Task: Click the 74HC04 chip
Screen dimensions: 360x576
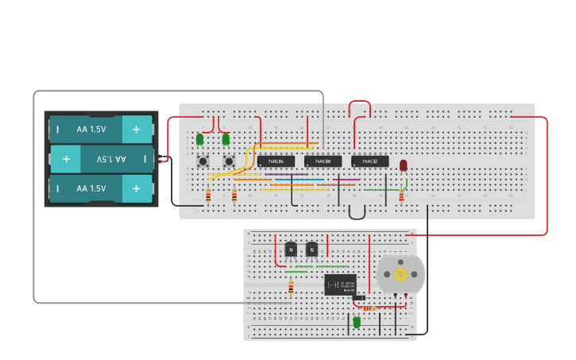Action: coord(270,161)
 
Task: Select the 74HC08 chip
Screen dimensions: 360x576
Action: coord(323,161)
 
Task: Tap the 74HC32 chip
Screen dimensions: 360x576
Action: coord(369,161)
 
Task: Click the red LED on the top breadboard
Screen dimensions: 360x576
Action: coord(404,165)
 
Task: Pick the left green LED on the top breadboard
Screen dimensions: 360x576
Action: coord(200,140)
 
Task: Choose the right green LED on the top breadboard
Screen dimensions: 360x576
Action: coord(226,140)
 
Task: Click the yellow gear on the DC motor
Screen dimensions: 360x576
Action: coord(400,274)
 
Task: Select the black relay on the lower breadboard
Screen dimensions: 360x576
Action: coord(340,284)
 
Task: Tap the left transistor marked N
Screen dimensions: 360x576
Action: coord(291,250)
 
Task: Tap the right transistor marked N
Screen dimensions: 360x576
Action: coord(312,250)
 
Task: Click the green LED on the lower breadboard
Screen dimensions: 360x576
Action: coord(357,322)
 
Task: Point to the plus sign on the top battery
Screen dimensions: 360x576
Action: coord(137,129)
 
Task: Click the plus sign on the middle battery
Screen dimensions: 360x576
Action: coord(66,159)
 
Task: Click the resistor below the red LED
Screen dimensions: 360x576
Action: coord(401,195)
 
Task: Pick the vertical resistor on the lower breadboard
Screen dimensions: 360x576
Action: coord(291,288)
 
